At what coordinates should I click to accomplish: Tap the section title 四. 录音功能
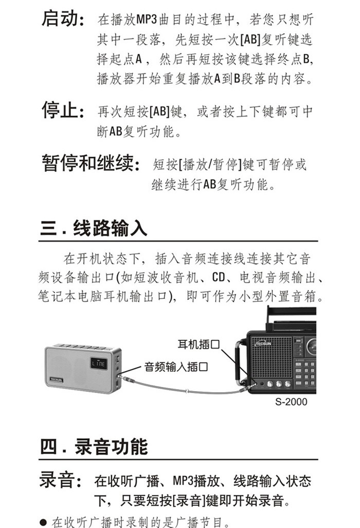click(x=94, y=446)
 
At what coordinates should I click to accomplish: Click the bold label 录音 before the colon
click(x=57, y=480)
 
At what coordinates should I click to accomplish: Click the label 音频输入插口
click(x=176, y=368)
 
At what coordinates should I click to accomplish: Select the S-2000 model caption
click(x=291, y=402)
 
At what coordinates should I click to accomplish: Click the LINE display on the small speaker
click(x=98, y=365)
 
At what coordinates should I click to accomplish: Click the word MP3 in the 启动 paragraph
click(x=143, y=21)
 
